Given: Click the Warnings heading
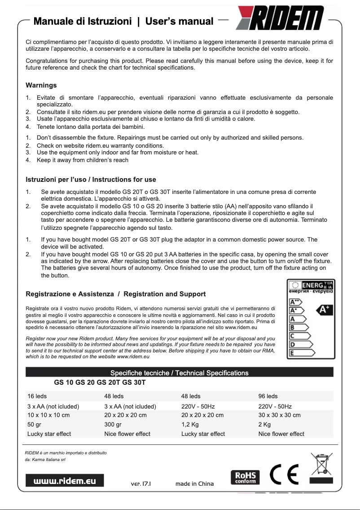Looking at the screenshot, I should (x=41, y=85).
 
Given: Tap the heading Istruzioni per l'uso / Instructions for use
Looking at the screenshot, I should (x=91, y=180).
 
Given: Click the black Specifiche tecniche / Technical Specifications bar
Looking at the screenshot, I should (x=179, y=373).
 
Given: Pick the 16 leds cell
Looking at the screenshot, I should (x=37, y=396).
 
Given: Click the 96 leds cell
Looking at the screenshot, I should (x=268, y=396).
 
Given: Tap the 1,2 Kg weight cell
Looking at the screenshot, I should (x=190, y=424).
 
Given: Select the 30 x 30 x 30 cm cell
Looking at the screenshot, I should (x=279, y=415).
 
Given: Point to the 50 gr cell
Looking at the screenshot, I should (x=34, y=424).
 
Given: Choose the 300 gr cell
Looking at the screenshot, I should (x=113, y=424).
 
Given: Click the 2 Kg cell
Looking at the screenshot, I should (x=264, y=424).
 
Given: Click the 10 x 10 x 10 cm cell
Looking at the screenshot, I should (x=48, y=415).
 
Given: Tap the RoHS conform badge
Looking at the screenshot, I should (x=245, y=477).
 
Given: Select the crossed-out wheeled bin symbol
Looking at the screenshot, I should (x=321, y=466).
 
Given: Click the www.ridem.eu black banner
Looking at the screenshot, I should (x=65, y=480).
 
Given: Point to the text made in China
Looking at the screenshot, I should (x=194, y=484).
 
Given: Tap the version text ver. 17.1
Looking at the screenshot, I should (x=140, y=484).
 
